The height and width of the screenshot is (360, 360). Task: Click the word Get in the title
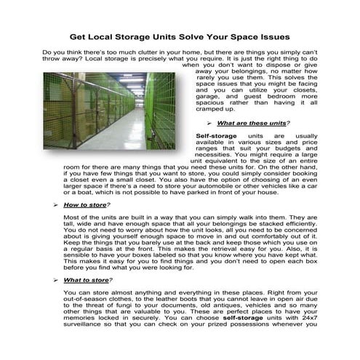click(x=79, y=36)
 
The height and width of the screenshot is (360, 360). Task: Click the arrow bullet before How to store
click(x=55, y=205)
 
